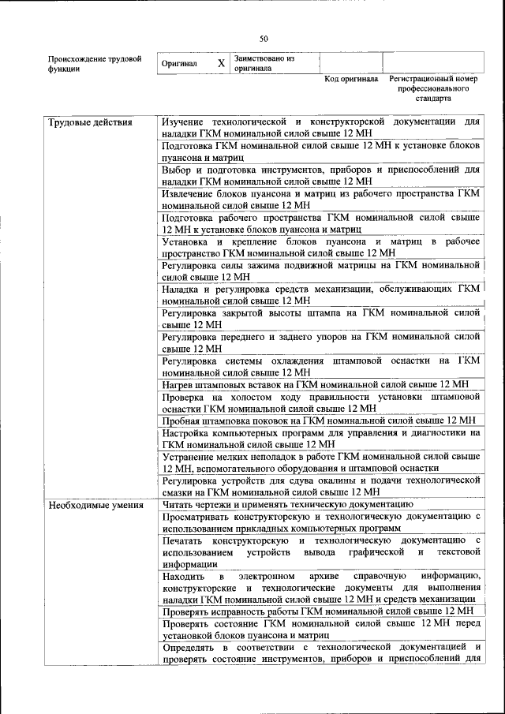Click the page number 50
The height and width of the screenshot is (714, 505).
point(264,37)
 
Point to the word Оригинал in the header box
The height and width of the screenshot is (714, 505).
point(179,64)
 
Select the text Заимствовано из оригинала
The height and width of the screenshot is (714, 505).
point(264,63)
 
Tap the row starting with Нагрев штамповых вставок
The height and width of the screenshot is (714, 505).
point(316,384)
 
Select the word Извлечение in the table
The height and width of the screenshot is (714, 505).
point(189,193)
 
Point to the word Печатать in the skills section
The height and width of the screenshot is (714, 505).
point(185,540)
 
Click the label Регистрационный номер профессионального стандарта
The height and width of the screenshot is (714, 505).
point(433,90)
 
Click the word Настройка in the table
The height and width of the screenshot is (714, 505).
point(188,432)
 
